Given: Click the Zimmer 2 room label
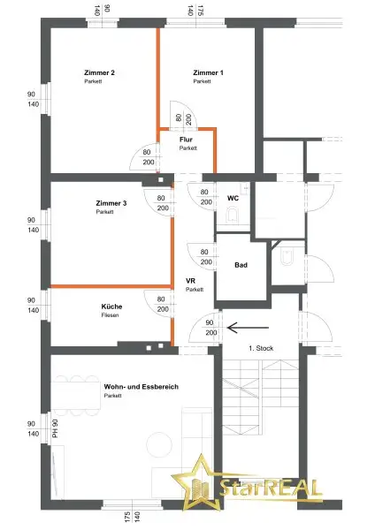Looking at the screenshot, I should click(100, 72).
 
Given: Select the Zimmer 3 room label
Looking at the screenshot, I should click(111, 203).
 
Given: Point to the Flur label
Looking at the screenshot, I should click(186, 140).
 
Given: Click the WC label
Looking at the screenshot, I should click(233, 198).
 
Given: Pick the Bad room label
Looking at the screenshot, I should click(240, 265).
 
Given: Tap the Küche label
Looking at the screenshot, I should click(112, 307).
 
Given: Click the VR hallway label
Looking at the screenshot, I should click(190, 281).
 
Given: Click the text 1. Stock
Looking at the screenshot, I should click(261, 348).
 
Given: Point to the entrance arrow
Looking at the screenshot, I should click(241, 327).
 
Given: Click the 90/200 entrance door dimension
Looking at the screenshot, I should click(210, 327).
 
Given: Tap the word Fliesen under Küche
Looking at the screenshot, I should click(111, 315).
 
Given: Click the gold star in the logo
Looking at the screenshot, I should click(201, 486).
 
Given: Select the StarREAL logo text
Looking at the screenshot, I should click(275, 488).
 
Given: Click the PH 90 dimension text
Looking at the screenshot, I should click(54, 428).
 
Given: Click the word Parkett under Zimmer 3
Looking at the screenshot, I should click(105, 212).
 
